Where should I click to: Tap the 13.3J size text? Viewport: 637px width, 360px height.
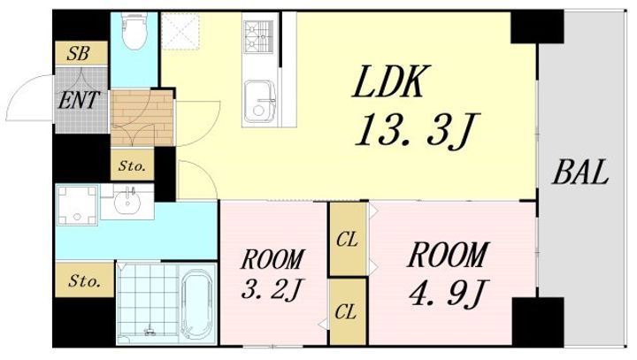(x=418, y=130)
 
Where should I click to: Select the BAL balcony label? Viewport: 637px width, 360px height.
(x=579, y=172)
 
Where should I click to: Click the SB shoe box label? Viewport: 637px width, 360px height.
(x=78, y=53)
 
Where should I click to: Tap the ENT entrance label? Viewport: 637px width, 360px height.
(x=79, y=100)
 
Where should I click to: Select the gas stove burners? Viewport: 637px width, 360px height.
(x=258, y=36)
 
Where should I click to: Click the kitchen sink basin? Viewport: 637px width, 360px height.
(x=258, y=102)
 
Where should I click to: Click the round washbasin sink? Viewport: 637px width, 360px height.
(x=127, y=202)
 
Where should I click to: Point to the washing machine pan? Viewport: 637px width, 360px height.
(x=77, y=205)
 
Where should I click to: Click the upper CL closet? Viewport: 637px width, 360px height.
(x=348, y=239)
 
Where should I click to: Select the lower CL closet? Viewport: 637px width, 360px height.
(x=348, y=311)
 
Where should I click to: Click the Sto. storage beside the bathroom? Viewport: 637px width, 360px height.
(x=85, y=280)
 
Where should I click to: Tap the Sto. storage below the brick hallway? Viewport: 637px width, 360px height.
(x=133, y=165)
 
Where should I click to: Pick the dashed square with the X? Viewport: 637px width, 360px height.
(x=180, y=31)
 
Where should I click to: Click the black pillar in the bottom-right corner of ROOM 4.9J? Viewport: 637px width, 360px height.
(x=538, y=322)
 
